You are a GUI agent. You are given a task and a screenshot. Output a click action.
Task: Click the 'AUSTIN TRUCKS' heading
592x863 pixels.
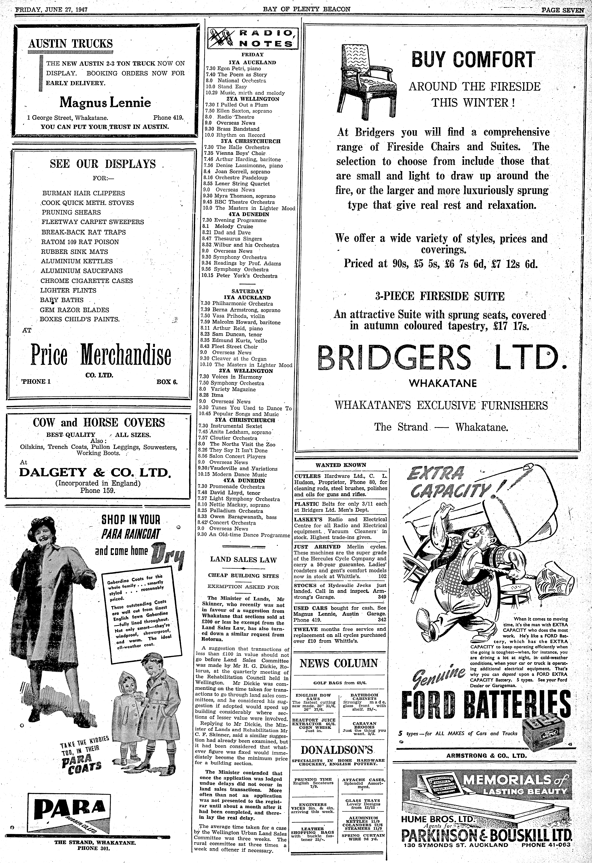click(x=71, y=44)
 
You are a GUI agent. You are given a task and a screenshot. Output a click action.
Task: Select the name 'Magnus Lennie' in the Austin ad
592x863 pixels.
click(x=106, y=102)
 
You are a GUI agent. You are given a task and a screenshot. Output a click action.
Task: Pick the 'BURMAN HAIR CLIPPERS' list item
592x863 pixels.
click(x=84, y=193)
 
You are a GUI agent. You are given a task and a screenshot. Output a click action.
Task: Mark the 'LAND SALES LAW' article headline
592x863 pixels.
click(x=243, y=560)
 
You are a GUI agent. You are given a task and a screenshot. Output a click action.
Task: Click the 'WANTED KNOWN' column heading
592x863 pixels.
click(x=341, y=465)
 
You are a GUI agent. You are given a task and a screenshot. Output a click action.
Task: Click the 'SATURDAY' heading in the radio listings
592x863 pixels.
click(x=247, y=291)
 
